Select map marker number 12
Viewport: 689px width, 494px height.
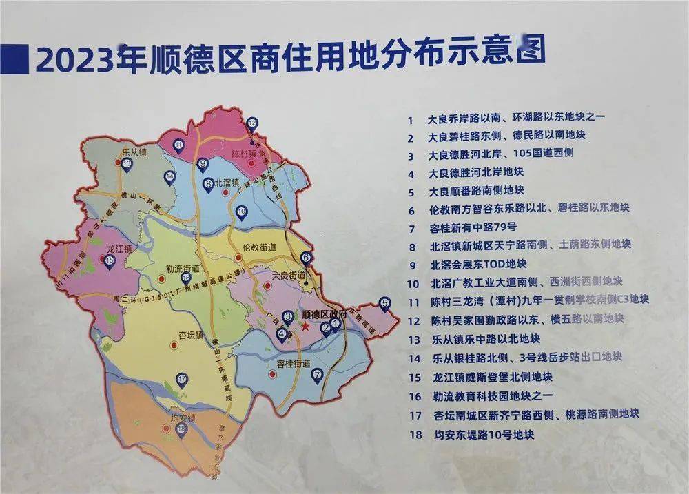tap(252, 125)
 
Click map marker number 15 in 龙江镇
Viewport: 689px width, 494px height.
tap(110, 260)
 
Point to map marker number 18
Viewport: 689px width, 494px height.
tap(181, 429)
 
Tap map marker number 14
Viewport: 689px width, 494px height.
tap(169, 177)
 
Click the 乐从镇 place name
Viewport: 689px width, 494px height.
tap(133, 150)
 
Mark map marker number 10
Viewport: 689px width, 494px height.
tap(240, 212)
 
